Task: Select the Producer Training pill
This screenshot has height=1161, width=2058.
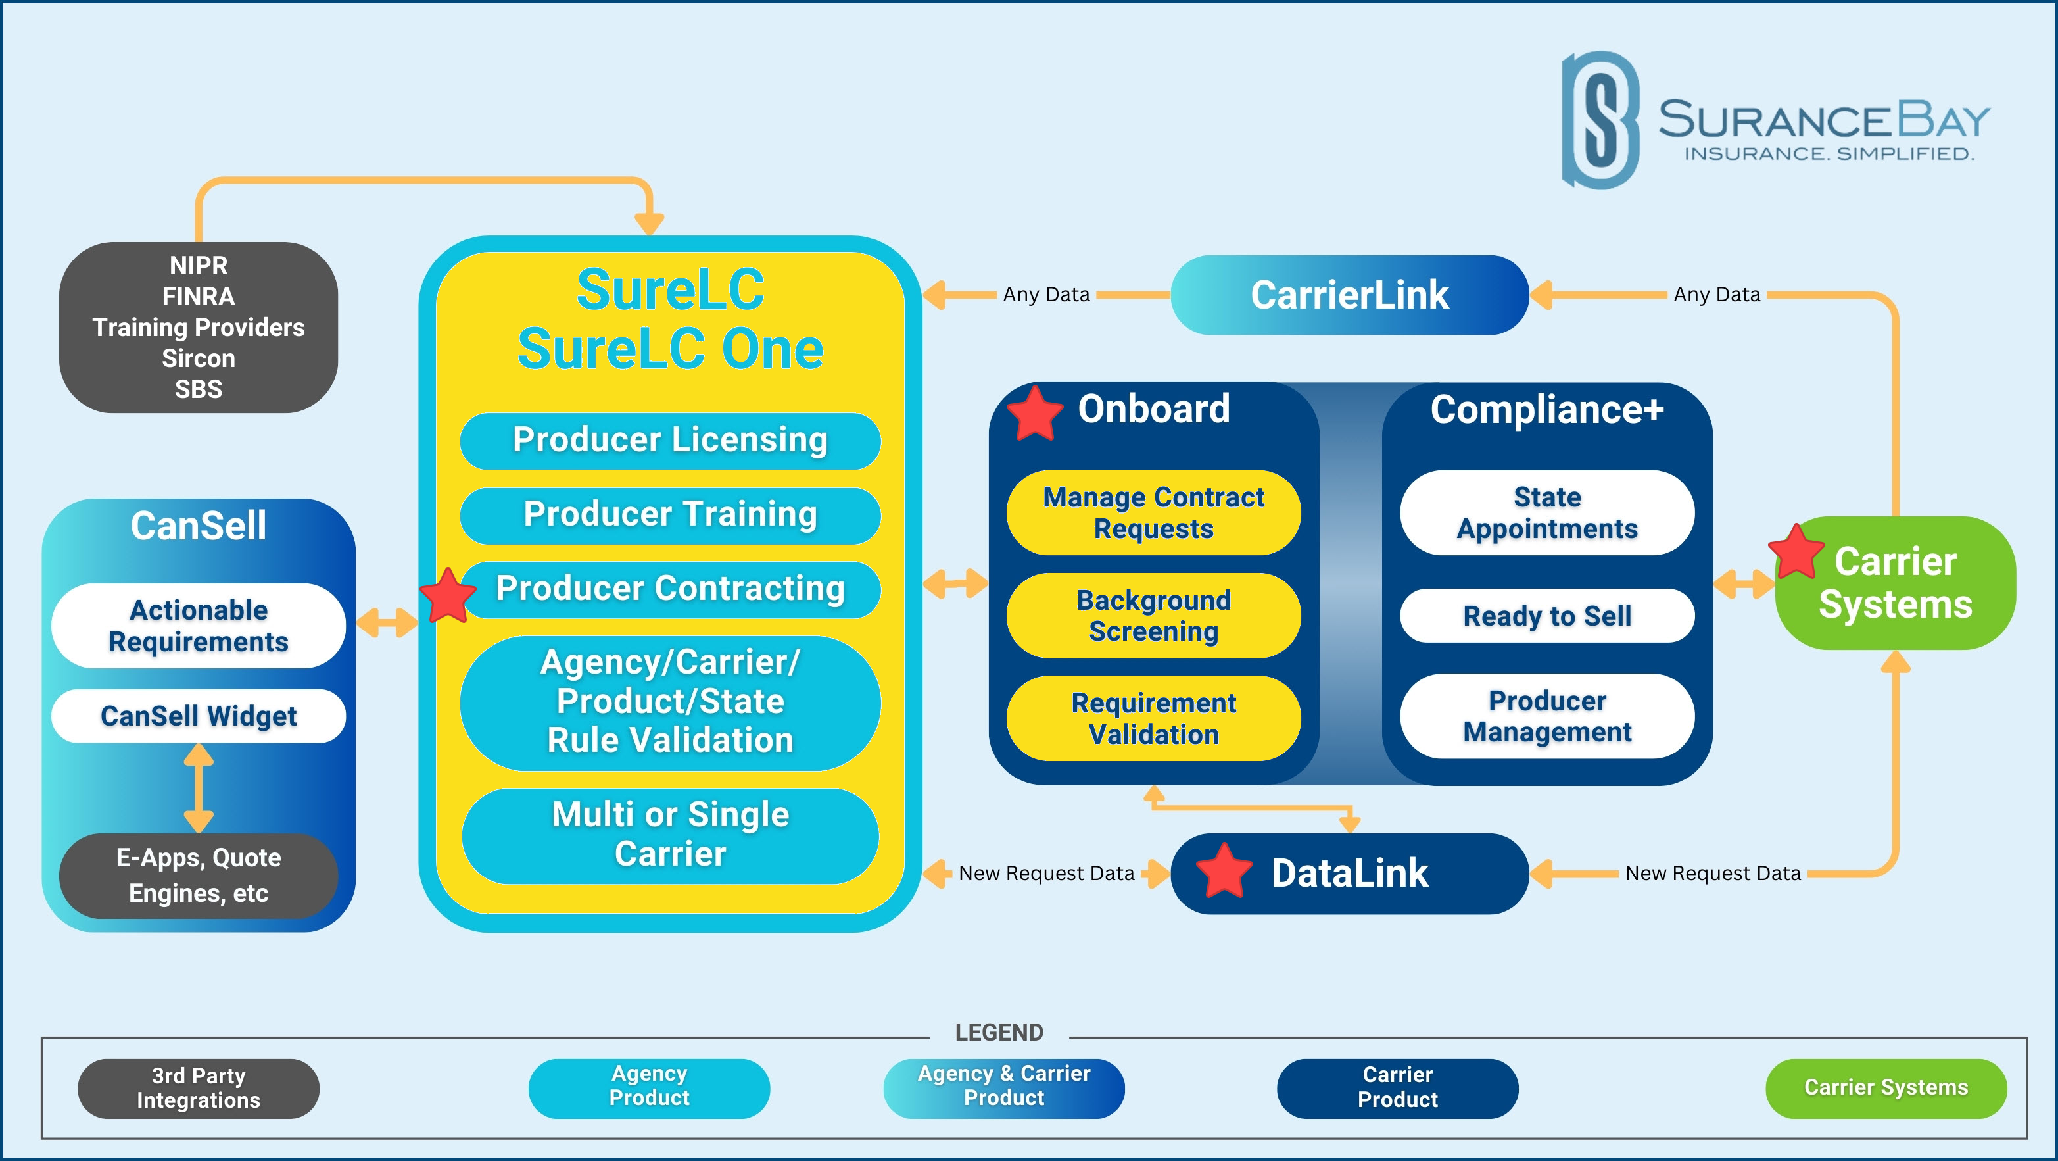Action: (x=670, y=515)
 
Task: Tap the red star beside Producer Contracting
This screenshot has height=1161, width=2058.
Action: (x=448, y=595)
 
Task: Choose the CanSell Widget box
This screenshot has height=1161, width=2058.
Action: (x=198, y=716)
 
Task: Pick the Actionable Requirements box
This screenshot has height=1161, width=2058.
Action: (x=198, y=626)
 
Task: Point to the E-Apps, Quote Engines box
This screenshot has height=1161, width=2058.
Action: (x=198, y=876)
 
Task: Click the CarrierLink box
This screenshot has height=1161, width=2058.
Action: (x=1349, y=295)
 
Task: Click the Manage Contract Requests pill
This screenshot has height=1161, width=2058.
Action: (x=1154, y=513)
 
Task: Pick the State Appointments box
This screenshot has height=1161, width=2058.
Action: (x=1546, y=513)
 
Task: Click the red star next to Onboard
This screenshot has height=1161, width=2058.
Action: (x=1035, y=413)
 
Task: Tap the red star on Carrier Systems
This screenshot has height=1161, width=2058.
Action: (x=1797, y=551)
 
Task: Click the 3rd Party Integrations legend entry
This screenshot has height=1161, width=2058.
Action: (x=198, y=1088)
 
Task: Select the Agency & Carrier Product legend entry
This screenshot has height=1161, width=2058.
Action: (x=1003, y=1088)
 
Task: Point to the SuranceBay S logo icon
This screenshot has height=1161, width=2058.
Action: (x=1600, y=120)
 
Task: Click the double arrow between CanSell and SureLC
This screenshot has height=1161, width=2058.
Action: (x=387, y=622)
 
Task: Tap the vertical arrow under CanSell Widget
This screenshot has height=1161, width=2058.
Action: (x=198, y=789)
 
